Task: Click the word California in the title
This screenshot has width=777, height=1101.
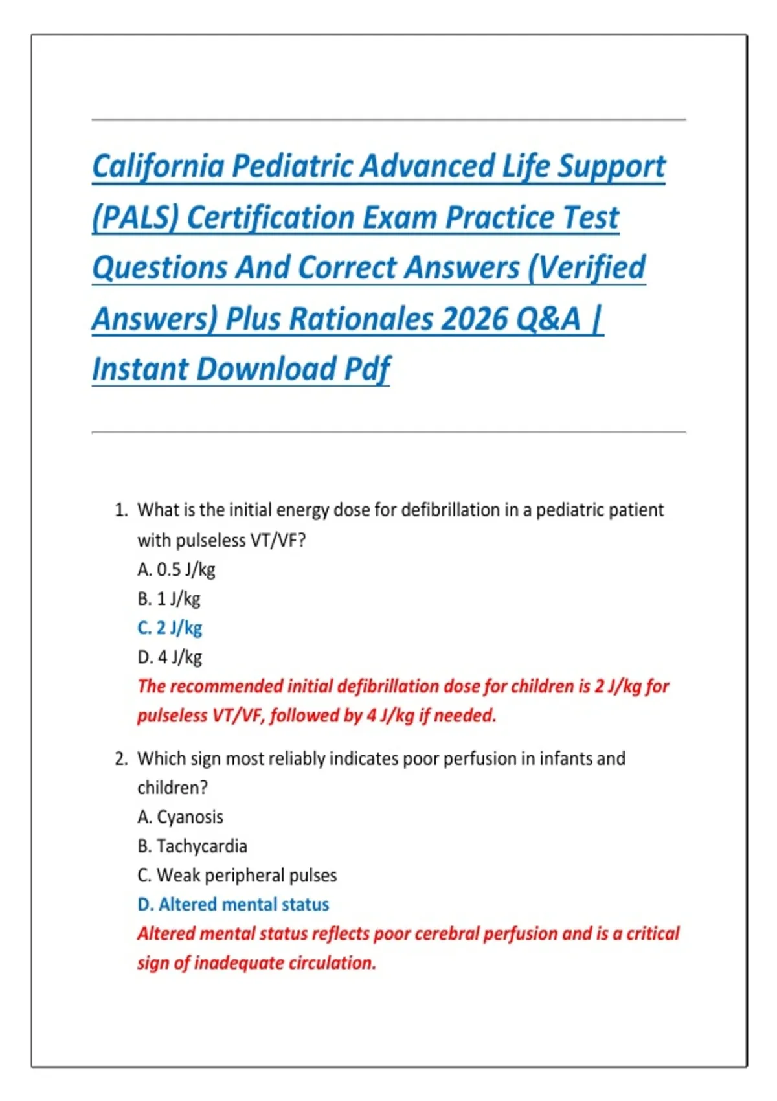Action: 158,166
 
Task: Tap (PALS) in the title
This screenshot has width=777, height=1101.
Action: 135,218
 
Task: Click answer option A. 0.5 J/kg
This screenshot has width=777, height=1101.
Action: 176,569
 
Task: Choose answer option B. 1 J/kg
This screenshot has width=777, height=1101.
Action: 169,598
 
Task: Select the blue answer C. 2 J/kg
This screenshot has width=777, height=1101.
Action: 170,628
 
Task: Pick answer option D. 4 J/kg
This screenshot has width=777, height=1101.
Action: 170,657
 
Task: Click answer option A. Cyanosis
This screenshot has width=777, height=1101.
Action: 180,817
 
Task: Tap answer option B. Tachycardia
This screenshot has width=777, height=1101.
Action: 192,846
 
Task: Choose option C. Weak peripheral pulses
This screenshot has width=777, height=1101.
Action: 237,875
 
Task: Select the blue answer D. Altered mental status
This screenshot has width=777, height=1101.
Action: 233,904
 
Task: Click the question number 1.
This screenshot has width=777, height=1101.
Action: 120,510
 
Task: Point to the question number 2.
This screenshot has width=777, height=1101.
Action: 120,758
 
